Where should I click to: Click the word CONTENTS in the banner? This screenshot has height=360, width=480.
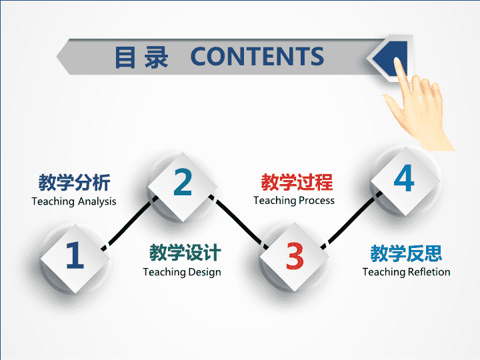(x=257, y=56)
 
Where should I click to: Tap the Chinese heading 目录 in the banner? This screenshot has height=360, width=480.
(x=141, y=57)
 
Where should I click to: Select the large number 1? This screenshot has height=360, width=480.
(x=75, y=255)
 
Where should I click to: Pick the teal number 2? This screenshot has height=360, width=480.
(x=183, y=182)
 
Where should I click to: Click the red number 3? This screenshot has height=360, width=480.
(x=295, y=255)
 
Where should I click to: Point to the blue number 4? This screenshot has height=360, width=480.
(x=404, y=178)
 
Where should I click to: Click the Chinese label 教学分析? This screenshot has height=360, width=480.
(x=75, y=183)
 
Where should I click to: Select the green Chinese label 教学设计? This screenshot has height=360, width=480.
(x=185, y=253)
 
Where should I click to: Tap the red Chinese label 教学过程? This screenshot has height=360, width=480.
(x=297, y=182)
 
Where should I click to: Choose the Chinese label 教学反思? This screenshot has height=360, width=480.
(x=406, y=253)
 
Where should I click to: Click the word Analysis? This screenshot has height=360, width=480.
(x=97, y=202)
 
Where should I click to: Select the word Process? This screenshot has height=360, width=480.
(x=317, y=201)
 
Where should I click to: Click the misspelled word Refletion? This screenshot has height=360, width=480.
(x=429, y=272)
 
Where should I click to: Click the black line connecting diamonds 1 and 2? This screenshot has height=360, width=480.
(x=129, y=223)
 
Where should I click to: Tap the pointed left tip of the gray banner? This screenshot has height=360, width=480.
(x=57, y=57)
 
